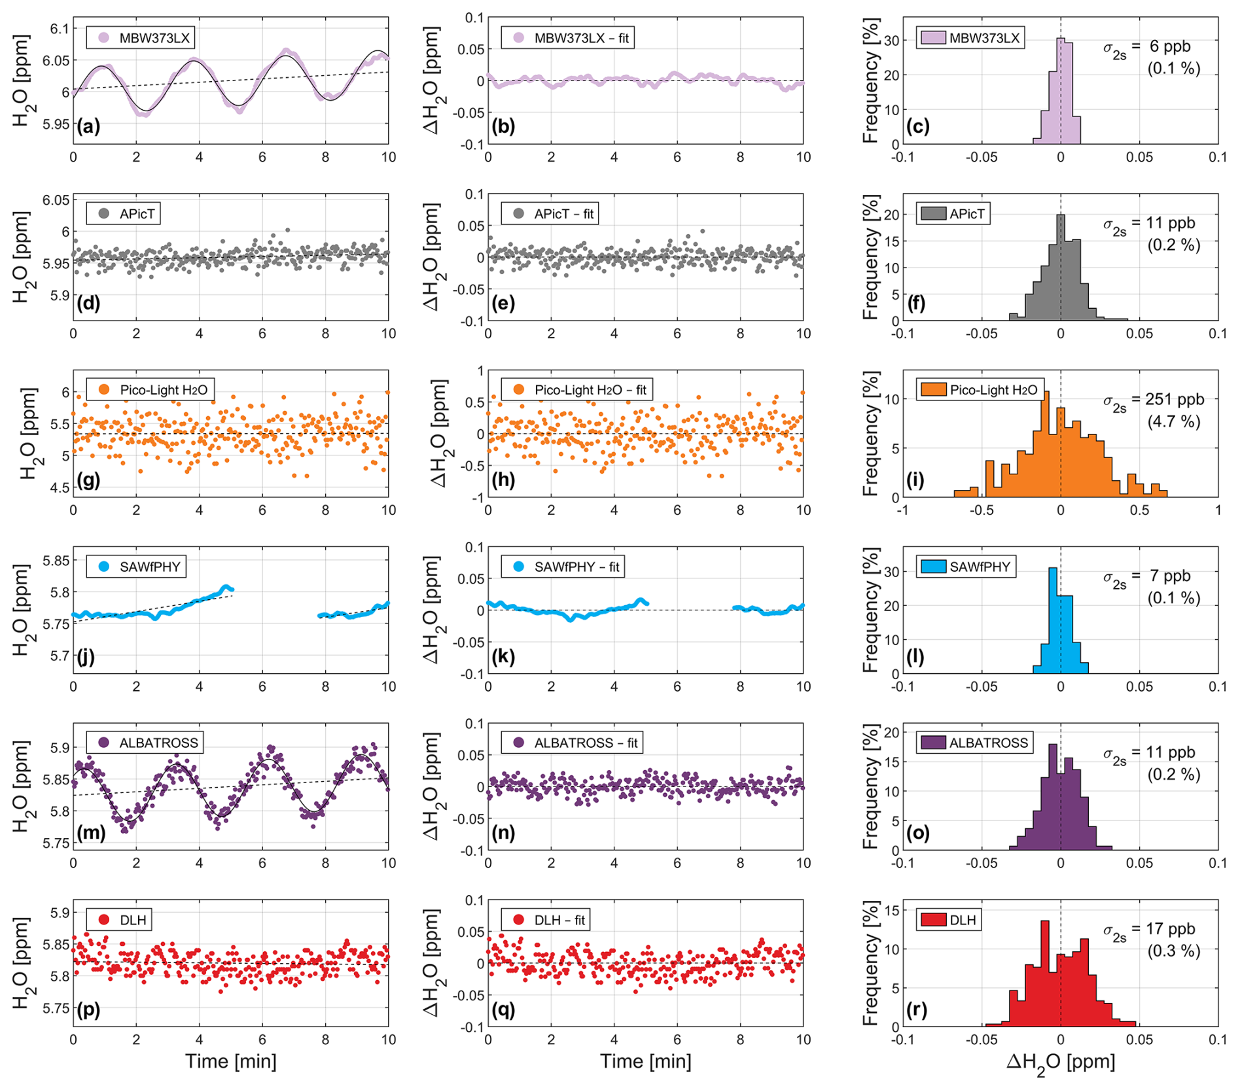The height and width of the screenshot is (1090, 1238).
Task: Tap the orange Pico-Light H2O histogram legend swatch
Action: pyautogui.click(x=932, y=390)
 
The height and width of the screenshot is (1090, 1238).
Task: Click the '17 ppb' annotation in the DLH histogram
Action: pyautogui.click(x=1171, y=928)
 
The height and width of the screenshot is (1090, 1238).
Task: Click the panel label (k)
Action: pyautogui.click(x=503, y=656)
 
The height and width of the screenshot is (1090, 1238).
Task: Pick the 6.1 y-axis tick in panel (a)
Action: pyautogui.click(x=59, y=28)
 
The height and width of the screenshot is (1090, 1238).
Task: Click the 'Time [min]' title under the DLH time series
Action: pyautogui.click(x=230, y=1061)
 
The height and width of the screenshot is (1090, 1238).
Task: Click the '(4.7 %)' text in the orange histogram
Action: pyautogui.click(x=1174, y=421)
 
